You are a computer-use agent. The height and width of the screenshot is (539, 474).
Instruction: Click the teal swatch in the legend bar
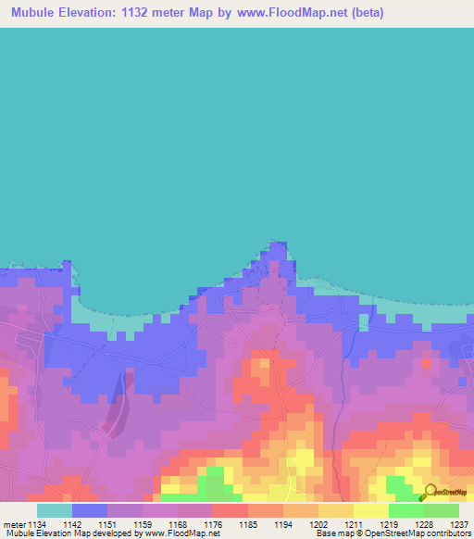(54, 510)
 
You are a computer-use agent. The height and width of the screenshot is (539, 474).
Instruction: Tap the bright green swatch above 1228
(405, 510)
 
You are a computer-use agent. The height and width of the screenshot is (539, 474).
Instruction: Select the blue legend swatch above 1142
(90, 510)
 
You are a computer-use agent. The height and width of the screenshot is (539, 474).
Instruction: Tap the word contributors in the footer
(446, 533)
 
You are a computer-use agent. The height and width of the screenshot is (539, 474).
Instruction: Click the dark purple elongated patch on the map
(115, 407)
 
